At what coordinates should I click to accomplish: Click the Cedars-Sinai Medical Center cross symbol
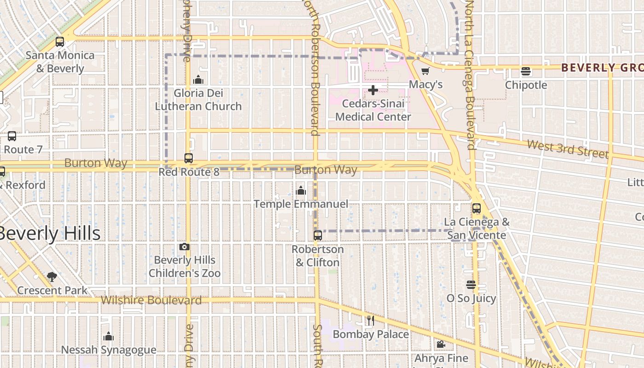pos(373,90)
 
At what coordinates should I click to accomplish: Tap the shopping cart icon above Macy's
pos(425,71)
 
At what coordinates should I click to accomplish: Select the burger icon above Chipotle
pos(526,71)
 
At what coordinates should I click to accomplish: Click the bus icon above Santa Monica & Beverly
pos(60,42)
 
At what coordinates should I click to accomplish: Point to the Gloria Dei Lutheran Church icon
pos(198,80)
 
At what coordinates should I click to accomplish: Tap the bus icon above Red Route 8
pos(189,158)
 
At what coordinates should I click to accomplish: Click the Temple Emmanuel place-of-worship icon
pos(301,190)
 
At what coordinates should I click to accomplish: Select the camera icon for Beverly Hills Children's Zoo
pos(184,247)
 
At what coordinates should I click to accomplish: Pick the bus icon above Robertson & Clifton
pos(318,236)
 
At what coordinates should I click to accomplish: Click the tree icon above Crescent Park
pos(52,277)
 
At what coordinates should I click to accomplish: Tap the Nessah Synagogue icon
pos(109,336)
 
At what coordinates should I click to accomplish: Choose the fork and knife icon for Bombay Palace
pos(371,321)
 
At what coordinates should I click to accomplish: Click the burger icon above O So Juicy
pos(471,285)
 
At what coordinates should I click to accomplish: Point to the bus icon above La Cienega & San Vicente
pos(477,208)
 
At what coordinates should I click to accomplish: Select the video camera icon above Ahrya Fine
pos(441,345)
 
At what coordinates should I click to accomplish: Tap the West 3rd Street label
pos(568,149)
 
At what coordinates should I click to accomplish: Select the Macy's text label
pos(426,85)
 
